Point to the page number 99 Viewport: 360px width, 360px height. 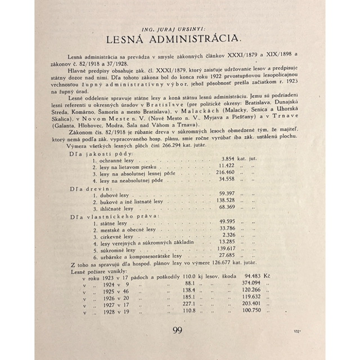pyautogui.click(x=180, y=330)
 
